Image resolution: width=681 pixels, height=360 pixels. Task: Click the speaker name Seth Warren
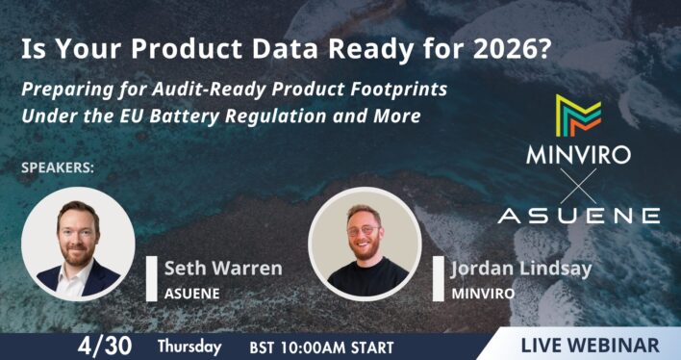222,267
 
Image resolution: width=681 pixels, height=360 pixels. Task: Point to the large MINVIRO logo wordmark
578,155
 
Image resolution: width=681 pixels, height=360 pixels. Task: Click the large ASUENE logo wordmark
578,214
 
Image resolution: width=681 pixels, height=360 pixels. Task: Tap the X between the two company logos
578,183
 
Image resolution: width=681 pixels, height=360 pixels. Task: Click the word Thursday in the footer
189,345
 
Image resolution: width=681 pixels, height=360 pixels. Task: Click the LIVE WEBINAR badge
590,345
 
